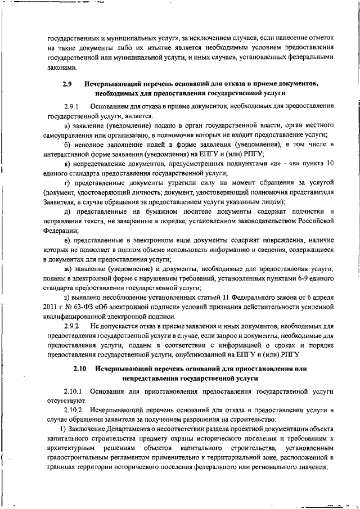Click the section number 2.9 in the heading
66,84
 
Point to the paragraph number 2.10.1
74,390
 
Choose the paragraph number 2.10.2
74,411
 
